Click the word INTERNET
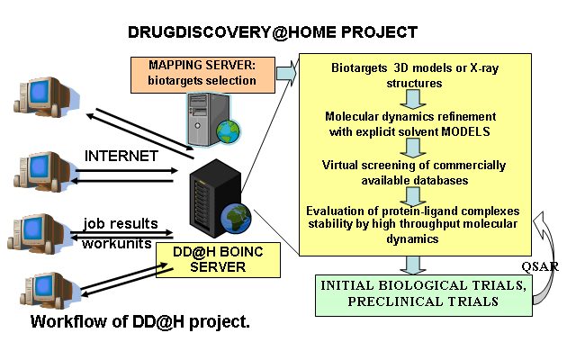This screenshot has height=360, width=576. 121,156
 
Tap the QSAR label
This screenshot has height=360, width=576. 540,266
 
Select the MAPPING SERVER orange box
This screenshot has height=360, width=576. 202,75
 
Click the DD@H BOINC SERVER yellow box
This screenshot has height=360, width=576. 218,260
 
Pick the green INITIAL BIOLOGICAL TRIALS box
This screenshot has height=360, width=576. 424,295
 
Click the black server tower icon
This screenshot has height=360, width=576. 216,198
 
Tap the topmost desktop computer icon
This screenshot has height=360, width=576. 46,96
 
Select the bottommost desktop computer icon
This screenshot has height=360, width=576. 50,290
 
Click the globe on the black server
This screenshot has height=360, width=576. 236,218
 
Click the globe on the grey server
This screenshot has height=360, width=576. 228,131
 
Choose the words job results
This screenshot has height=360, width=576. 121,223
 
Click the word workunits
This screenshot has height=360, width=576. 117,243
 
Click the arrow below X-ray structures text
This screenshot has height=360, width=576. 413,100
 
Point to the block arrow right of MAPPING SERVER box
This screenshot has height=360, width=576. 286,73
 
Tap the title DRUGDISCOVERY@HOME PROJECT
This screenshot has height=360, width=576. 273,32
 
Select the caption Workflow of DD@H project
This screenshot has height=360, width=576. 140,322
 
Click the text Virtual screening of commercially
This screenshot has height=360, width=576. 414,166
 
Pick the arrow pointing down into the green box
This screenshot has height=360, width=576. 413,265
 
